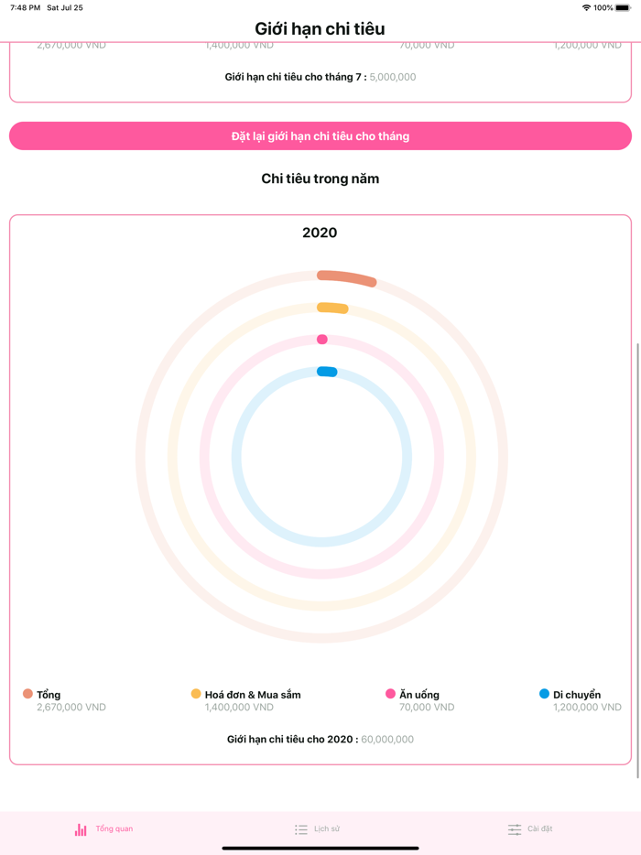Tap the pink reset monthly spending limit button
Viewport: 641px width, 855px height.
[x=320, y=136]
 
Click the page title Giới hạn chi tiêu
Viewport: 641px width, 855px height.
[x=320, y=28]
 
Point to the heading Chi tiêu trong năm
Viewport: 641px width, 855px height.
[x=320, y=179]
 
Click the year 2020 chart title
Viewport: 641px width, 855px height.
[x=320, y=233]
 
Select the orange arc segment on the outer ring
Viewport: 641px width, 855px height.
[x=347, y=277]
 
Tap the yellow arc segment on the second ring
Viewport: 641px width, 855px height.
[x=333, y=308]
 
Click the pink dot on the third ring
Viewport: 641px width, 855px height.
[x=322, y=340]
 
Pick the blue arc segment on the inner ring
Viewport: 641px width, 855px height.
[x=327, y=372]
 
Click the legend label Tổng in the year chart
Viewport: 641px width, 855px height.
[x=49, y=695]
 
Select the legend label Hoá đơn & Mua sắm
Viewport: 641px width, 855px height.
[x=253, y=695]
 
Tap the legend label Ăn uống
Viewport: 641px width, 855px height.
[x=419, y=695]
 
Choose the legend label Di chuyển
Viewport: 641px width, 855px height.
[x=577, y=695]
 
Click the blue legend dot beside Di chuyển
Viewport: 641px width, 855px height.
[x=544, y=694]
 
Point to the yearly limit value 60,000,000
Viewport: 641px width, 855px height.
[x=387, y=740]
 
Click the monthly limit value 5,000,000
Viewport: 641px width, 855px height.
[x=393, y=77]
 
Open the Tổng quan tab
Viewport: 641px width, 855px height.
[x=103, y=829]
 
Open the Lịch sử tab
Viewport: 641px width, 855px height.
[x=317, y=829]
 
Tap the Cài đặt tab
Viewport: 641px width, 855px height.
[x=530, y=829]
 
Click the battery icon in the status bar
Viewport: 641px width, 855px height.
[x=623, y=7]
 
